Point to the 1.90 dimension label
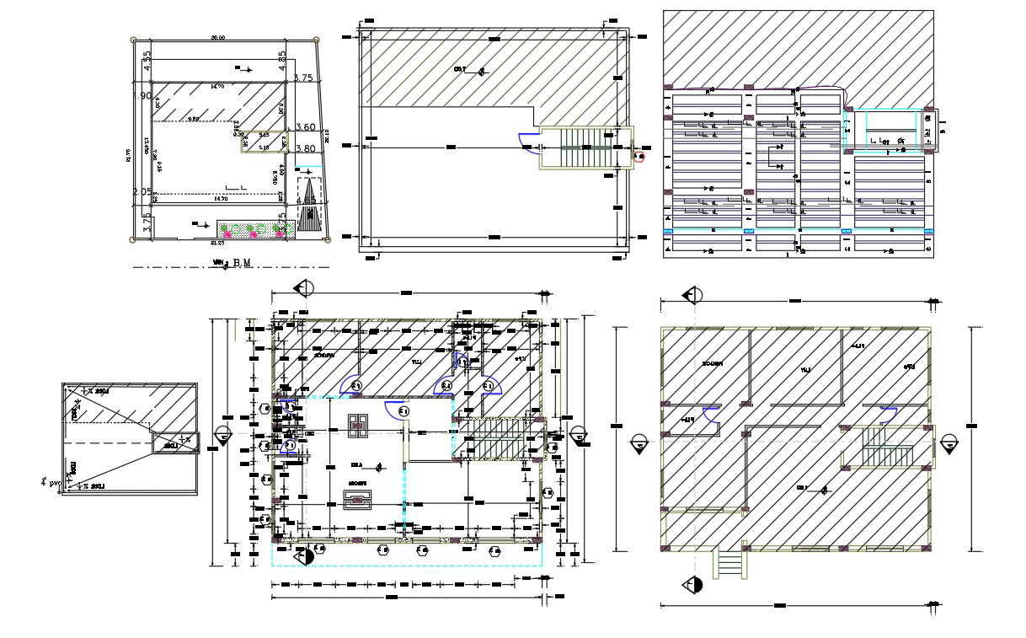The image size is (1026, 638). coord(142,96)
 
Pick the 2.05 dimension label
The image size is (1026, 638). coord(142,192)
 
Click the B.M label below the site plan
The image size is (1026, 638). coord(243,263)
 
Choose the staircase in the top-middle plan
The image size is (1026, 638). coord(585,149)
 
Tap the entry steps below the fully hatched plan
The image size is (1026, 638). coord(730,563)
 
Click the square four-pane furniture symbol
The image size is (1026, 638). coord(357,425)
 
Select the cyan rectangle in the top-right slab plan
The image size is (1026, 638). coord(879,131)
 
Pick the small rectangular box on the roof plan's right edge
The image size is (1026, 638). coord(176,442)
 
